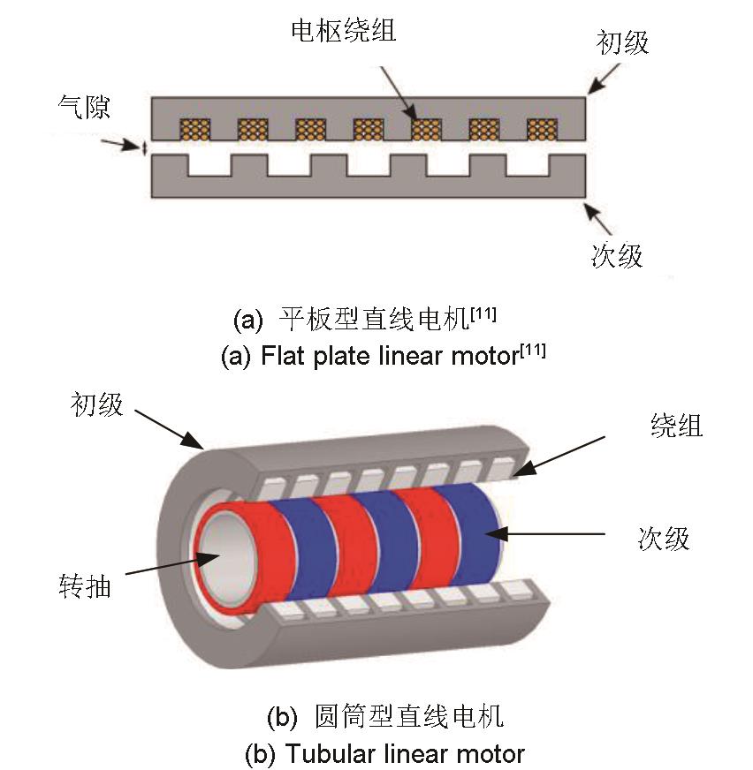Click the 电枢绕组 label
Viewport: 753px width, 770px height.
344,32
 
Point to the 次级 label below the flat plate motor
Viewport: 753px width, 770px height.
617,255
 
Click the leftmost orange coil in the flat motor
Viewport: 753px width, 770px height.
194,130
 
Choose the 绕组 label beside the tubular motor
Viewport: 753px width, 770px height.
676,426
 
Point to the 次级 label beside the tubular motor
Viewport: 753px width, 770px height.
663,538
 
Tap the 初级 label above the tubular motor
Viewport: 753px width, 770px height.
96,405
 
